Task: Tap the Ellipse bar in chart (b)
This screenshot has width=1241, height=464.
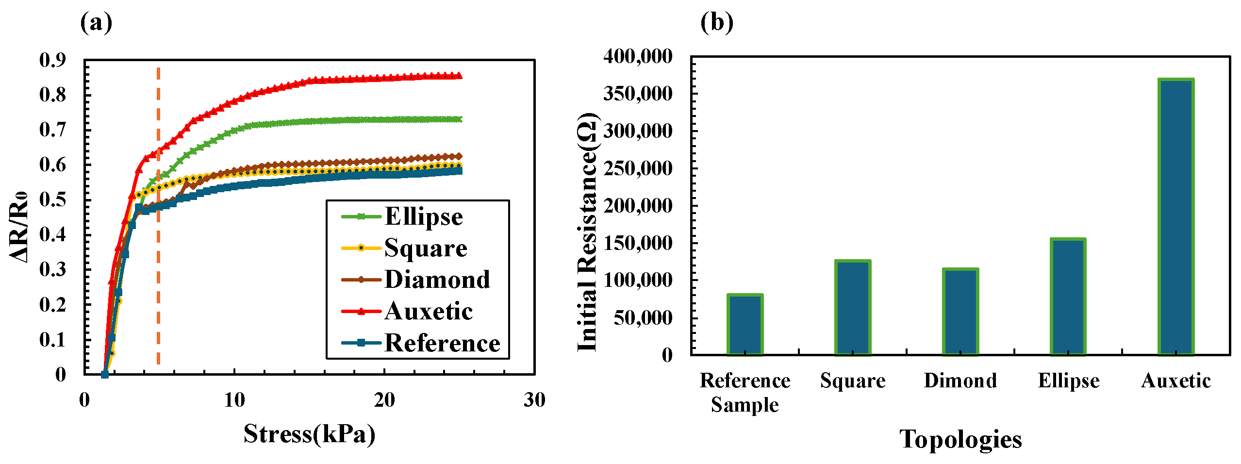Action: tap(1068, 297)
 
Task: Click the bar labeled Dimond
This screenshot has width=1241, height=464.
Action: tap(960, 312)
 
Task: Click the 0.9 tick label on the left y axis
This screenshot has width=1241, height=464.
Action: tap(52, 60)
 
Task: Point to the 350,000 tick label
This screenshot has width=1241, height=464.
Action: tap(638, 94)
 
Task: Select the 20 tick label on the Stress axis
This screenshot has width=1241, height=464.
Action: tap(384, 400)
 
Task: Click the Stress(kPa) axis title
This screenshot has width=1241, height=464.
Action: tap(309, 433)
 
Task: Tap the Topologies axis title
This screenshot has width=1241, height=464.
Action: tap(960, 439)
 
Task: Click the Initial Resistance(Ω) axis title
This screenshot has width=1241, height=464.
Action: tap(588, 232)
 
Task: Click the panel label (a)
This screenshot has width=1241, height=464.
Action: tap(96, 23)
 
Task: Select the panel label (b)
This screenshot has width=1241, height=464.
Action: tap(716, 23)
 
